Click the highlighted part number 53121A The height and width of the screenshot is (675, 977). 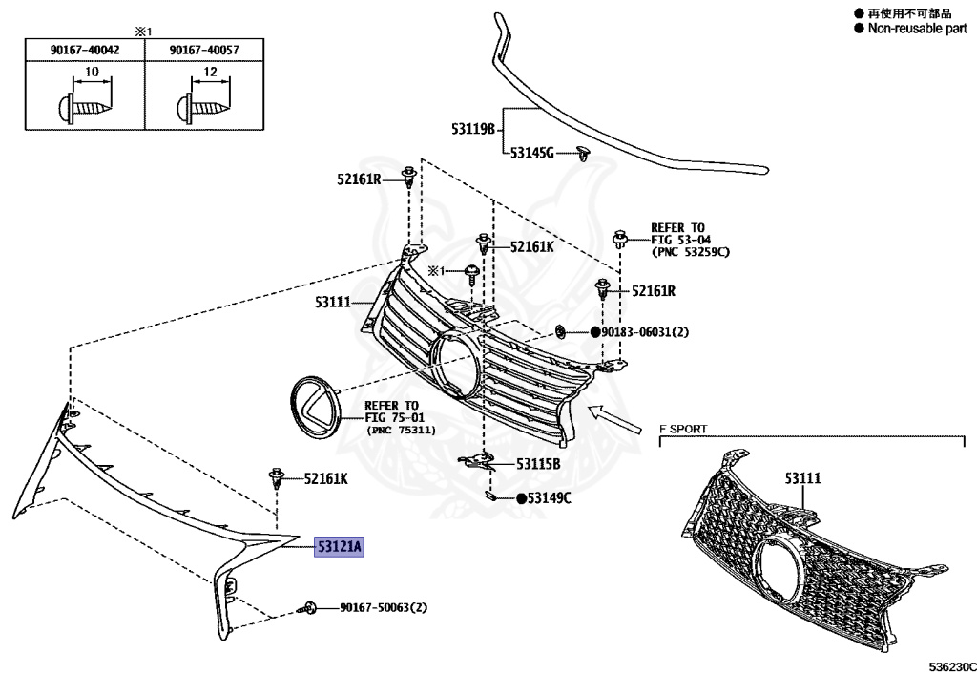coord(340,547)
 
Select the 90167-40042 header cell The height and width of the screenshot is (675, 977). coord(84,50)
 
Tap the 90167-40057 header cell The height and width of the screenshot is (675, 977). coord(202,50)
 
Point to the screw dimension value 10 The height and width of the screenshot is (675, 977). coord(92,73)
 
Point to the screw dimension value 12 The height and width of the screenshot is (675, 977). coord(211,73)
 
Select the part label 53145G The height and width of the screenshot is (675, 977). coord(531,152)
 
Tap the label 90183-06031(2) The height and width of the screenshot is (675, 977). coord(645,332)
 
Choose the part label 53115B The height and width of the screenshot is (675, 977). coord(538,464)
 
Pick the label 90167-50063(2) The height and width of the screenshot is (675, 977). coord(384,607)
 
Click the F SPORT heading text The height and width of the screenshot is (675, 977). coord(683,429)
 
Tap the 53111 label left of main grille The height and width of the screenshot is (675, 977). coord(334,303)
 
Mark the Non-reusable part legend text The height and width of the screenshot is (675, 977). coord(917,29)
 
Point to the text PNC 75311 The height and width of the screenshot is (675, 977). coord(401,431)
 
